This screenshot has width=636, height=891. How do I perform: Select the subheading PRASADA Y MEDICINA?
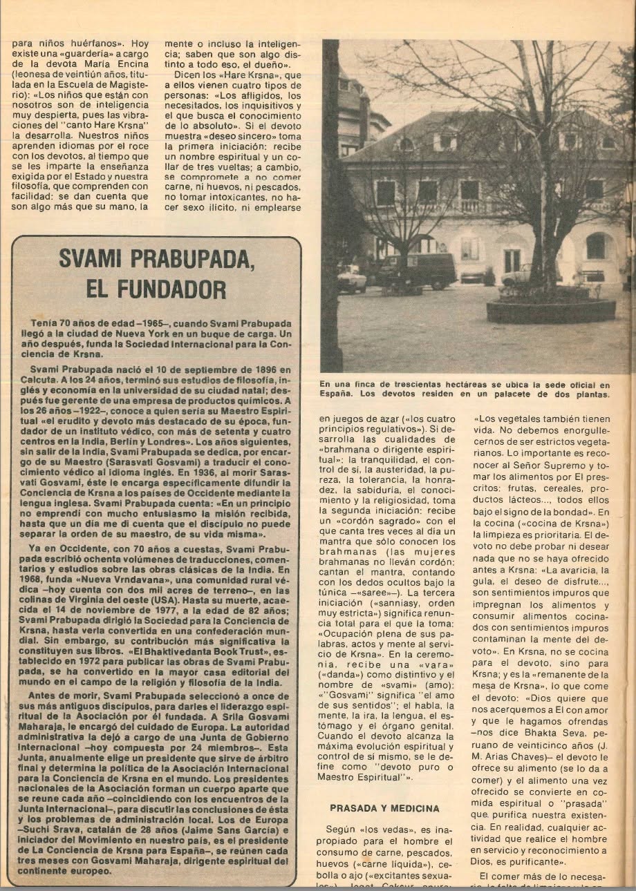384,807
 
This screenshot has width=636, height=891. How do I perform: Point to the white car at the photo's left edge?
351,278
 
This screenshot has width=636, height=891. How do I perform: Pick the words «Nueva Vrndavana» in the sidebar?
82,587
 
